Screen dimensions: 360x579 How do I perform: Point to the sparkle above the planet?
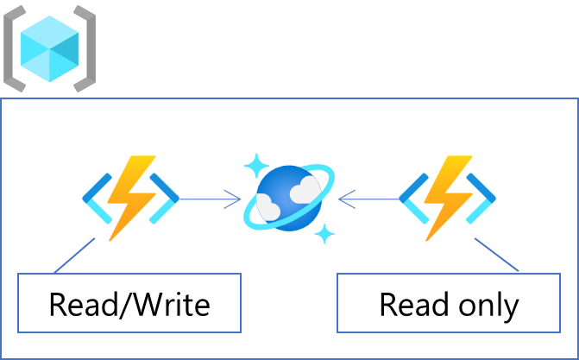click(256, 163)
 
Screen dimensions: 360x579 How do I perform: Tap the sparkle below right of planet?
click(324, 232)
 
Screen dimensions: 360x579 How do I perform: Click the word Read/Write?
click(129, 304)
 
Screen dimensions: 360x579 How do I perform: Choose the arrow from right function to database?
click(368, 200)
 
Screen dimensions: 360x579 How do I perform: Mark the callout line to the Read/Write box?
click(73, 255)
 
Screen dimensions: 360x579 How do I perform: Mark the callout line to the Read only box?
click(497, 256)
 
